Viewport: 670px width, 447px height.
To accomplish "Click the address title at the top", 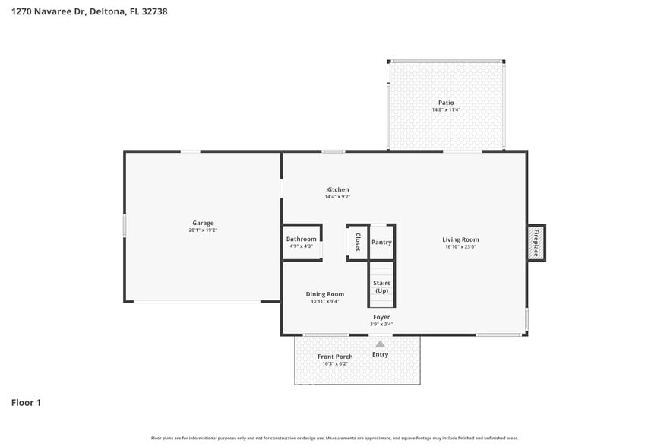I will click(90, 12).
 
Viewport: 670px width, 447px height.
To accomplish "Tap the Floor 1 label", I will click(26, 402).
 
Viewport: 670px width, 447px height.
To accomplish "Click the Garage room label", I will click(202, 223).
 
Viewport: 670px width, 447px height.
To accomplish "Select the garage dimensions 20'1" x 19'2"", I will click(202, 230).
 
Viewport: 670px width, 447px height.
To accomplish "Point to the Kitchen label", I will click(337, 189).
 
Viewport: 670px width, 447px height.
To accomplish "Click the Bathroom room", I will click(302, 243).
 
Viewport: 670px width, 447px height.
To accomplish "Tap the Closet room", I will click(358, 243).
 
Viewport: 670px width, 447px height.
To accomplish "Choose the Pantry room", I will click(381, 243).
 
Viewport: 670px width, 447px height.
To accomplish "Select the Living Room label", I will click(460, 239).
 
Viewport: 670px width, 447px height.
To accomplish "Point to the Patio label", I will click(446, 103).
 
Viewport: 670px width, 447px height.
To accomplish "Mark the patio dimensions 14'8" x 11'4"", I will click(446, 110).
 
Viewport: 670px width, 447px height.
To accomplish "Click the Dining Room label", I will click(325, 294).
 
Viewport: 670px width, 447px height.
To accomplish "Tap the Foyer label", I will click(381, 317).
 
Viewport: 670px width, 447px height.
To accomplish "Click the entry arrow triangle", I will click(380, 344).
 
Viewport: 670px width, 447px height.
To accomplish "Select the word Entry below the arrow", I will click(380, 354).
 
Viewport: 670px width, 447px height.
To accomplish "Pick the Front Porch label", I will click(334, 357).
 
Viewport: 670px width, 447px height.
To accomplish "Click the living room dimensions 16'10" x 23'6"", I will click(460, 246).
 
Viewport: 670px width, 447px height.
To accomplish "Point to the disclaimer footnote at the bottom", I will click(334, 438).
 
